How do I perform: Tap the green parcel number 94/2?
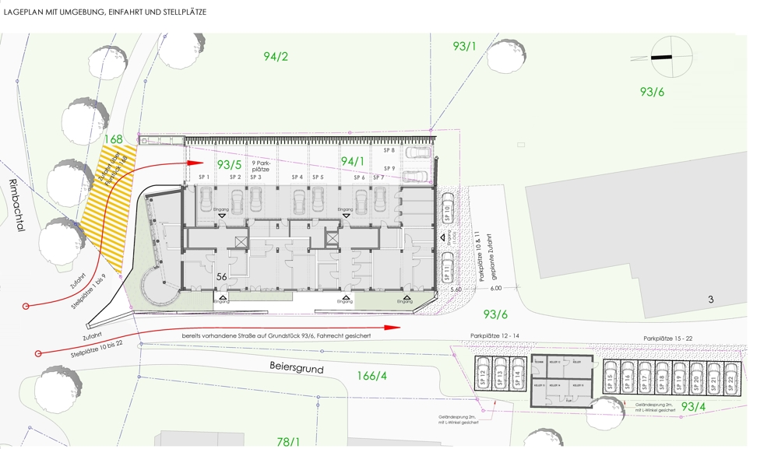[x=276, y=56]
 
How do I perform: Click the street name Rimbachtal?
[x=13, y=206]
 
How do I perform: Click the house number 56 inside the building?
[x=221, y=276]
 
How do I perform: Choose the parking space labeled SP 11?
[x=448, y=268]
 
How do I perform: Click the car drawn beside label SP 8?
[x=417, y=152]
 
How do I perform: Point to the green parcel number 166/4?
[x=371, y=377]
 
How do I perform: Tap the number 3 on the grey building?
[x=710, y=300]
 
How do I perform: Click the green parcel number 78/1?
[x=288, y=442]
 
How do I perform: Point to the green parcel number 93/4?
[x=693, y=407]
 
